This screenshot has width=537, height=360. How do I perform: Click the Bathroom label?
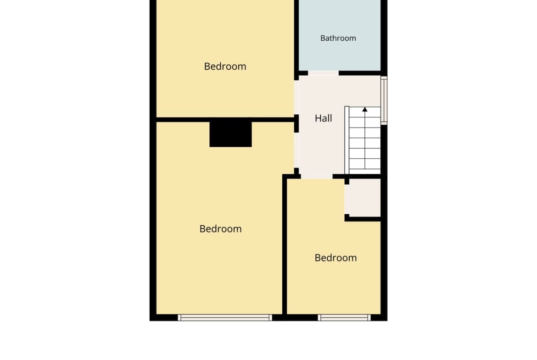pyautogui.click(x=338, y=38)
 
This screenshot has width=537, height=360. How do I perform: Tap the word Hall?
pyautogui.click(x=323, y=118)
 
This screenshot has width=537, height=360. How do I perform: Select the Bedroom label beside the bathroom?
pyautogui.click(x=225, y=66)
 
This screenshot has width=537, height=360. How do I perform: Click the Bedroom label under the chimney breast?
pyautogui.click(x=221, y=229)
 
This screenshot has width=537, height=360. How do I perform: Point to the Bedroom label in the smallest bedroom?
pyautogui.click(x=336, y=258)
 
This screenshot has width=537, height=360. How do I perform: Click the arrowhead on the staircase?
pyautogui.click(x=365, y=110)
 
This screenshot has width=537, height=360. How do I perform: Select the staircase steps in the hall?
pyautogui.click(x=365, y=140)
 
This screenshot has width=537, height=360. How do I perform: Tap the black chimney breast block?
pyautogui.click(x=230, y=134)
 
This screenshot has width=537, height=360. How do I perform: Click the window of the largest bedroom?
pyautogui.click(x=224, y=317)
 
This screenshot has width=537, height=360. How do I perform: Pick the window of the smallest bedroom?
pyautogui.click(x=344, y=317)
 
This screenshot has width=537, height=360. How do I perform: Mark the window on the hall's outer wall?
pyautogui.click(x=384, y=100)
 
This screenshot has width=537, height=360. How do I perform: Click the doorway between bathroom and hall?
pyautogui.click(x=323, y=73)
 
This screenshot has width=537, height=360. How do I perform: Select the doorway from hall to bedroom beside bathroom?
pyautogui.click(x=296, y=98)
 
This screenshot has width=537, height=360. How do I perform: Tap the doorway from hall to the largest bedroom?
pyautogui.click(x=296, y=150)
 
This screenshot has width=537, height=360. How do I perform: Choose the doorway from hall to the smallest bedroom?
pyautogui.click(x=316, y=177)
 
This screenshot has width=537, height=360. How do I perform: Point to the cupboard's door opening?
pyautogui.click(x=347, y=199)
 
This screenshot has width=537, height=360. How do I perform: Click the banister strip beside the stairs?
pyautogui.click(x=347, y=140)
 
